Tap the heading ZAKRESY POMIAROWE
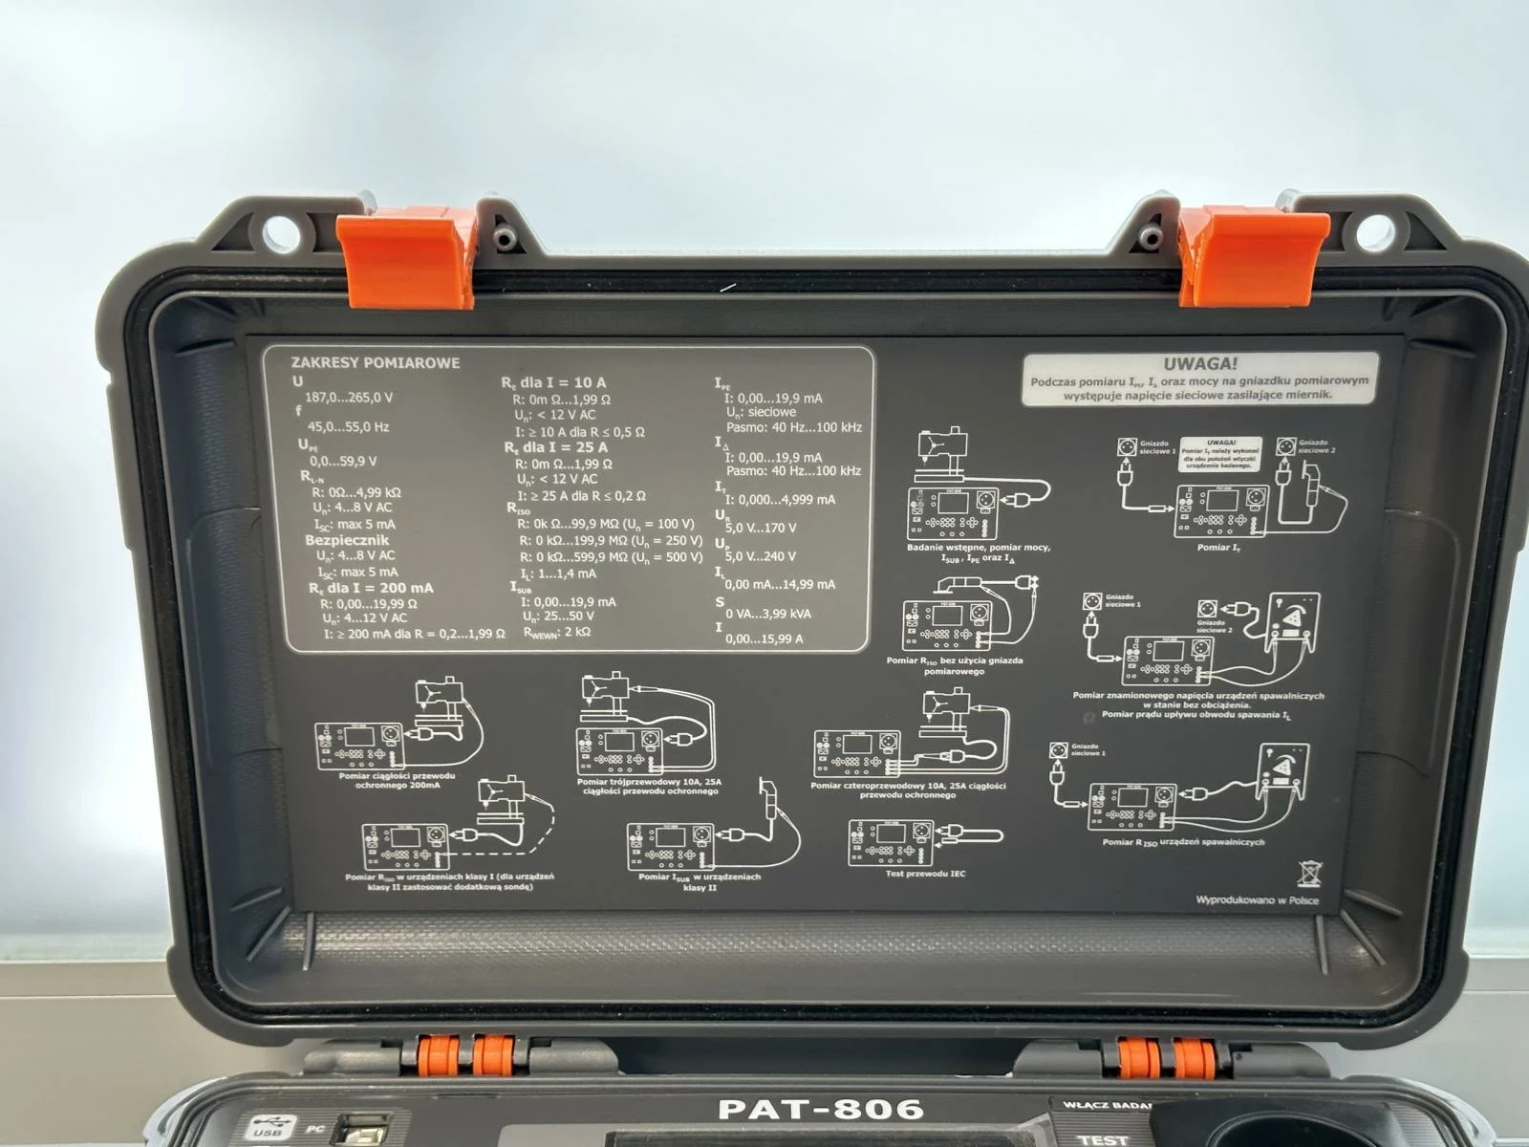click(375, 362)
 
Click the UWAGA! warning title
click(1200, 363)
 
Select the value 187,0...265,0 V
click(348, 397)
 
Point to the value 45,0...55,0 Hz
click(347, 426)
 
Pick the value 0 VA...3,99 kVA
click(767, 613)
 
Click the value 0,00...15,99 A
click(764, 638)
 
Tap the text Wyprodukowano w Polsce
click(1257, 900)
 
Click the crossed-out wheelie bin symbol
click(1309, 872)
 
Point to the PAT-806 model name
click(821, 1110)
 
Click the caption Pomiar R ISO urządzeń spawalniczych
click(1183, 842)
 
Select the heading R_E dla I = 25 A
click(556, 447)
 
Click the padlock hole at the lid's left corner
click(279, 232)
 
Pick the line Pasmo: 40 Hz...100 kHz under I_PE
click(793, 427)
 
